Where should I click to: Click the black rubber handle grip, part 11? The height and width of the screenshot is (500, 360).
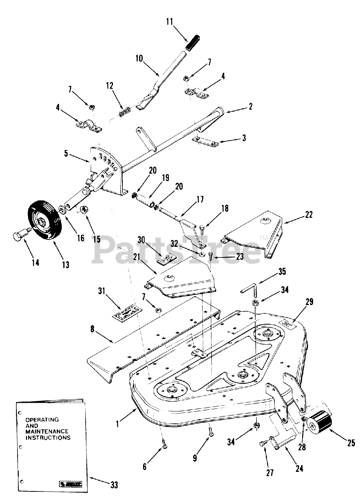click(194, 43)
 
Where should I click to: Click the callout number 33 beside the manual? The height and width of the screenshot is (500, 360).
click(114, 485)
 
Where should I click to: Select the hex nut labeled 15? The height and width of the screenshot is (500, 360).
click(83, 211)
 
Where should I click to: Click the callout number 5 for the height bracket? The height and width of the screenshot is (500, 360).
click(66, 154)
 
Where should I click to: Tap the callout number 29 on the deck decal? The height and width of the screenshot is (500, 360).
click(309, 302)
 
